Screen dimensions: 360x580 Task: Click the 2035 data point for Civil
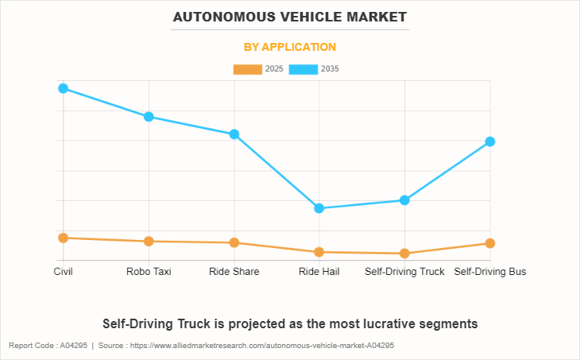tap(63, 88)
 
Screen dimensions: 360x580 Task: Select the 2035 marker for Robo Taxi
tap(149, 117)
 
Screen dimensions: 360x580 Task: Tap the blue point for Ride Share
tap(234, 134)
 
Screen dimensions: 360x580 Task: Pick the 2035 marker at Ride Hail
tap(319, 208)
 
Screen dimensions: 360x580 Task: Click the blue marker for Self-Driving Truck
tap(405, 200)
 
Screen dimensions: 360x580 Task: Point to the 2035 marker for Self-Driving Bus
tap(490, 141)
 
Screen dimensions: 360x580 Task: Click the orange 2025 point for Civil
tap(63, 238)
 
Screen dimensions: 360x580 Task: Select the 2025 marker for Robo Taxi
tap(149, 241)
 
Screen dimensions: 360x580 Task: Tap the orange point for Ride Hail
tap(319, 252)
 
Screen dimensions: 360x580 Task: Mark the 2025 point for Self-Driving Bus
tap(490, 243)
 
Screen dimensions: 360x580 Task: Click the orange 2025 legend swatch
tap(247, 69)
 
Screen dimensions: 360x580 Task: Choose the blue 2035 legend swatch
tap(303, 69)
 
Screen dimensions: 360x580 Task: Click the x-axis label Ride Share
tap(234, 272)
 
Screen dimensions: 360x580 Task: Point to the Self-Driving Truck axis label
tap(405, 272)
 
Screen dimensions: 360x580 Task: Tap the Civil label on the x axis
tap(63, 272)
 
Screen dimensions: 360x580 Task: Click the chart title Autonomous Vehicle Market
tap(290, 17)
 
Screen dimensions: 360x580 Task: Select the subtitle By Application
tap(290, 47)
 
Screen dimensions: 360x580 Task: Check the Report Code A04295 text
tap(48, 346)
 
